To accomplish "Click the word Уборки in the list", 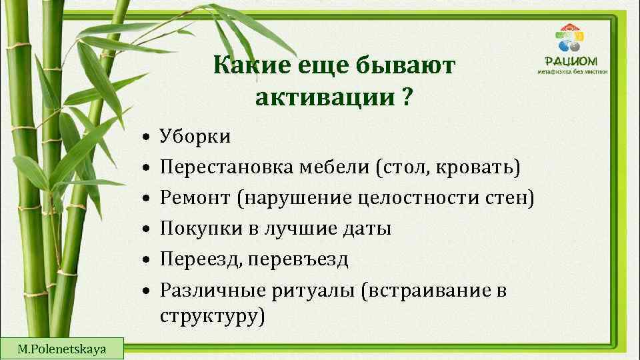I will pyautogui.click(x=195, y=137).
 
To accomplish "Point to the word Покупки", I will pyautogui.click(x=198, y=229).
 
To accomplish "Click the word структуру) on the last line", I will pyautogui.click(x=212, y=315).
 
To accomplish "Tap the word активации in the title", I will pyautogui.click(x=325, y=98).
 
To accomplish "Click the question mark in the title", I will pyautogui.click(x=407, y=98).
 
